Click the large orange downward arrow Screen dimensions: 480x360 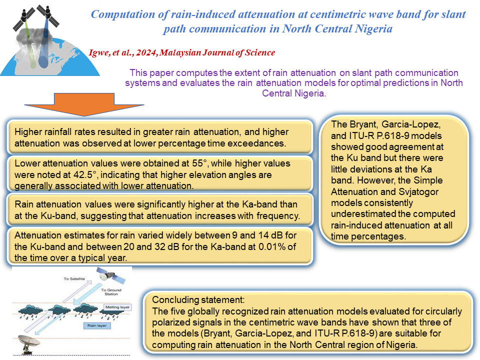click(x=84, y=104)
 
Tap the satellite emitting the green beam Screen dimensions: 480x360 click(x=23, y=18)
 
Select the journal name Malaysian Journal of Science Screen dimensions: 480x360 click(x=217, y=52)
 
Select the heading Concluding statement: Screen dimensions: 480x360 click(x=198, y=299)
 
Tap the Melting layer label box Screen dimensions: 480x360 click(x=117, y=307)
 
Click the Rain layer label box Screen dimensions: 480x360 click(x=97, y=325)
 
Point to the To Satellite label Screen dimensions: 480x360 click(x=74, y=279)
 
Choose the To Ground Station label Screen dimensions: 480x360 click(x=111, y=291)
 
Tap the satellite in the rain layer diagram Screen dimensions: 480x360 click(x=110, y=275)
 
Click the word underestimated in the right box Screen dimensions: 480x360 click(x=361, y=214)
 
